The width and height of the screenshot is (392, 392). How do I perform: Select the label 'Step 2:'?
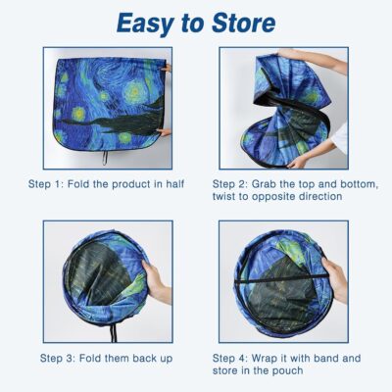[233, 182]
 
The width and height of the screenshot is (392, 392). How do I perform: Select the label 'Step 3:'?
[62, 358]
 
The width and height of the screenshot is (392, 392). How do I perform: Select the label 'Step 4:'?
[233, 358]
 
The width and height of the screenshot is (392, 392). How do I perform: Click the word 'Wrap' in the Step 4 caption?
[274, 358]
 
